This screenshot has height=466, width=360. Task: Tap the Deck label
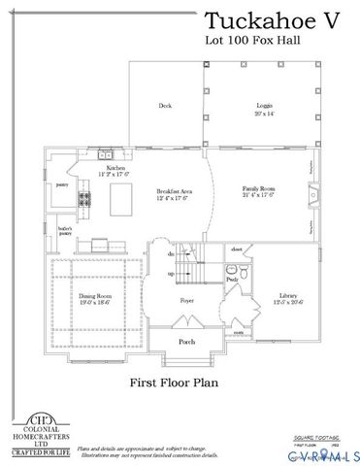pyautogui.click(x=165, y=106)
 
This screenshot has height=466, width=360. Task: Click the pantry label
pyautogui.click(x=60, y=182)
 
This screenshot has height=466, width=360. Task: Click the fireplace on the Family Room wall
pyautogui.click(x=314, y=200)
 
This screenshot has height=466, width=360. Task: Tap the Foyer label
pyautogui.click(x=186, y=301)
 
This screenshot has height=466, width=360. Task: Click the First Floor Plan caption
pyautogui.click(x=173, y=383)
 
